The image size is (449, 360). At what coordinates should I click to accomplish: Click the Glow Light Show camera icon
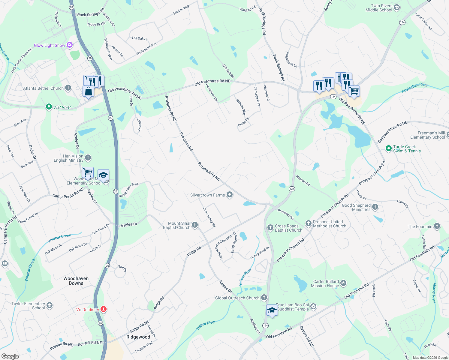coord(70,45)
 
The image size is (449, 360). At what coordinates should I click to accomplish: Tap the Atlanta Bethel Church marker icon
coord(68,88)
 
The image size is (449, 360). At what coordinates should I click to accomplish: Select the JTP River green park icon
coord(49,107)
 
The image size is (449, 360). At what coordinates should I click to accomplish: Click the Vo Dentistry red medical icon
coord(103,309)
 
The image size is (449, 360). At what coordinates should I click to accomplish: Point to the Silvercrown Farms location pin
coord(230,195)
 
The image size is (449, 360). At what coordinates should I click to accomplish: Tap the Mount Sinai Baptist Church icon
coord(195,225)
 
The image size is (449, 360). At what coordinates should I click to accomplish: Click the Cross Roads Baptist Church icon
coord(270,227)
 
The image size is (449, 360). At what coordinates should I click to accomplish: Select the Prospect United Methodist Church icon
coord(308,223)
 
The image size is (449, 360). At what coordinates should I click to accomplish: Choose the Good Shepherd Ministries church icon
coord(375,207)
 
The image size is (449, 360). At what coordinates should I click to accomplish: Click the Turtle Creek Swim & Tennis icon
coord(388,148)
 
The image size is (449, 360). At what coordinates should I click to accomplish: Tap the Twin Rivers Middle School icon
coord(397,7)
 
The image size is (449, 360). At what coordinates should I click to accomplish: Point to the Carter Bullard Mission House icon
coord(343,283)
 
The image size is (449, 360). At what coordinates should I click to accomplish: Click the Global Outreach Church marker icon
coord(264,298)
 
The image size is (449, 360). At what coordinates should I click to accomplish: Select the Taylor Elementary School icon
coord(50,305)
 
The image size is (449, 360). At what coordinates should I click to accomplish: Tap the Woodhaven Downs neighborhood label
coord(76,281)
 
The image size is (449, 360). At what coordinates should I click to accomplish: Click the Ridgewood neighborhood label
coord(138,337)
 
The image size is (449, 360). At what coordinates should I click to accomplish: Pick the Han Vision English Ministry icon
coord(88,157)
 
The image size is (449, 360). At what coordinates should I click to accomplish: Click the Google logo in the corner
coord(10,356)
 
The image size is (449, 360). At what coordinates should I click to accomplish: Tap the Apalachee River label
coord(415,87)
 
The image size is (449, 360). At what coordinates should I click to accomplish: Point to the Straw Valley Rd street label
coord(209,217)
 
